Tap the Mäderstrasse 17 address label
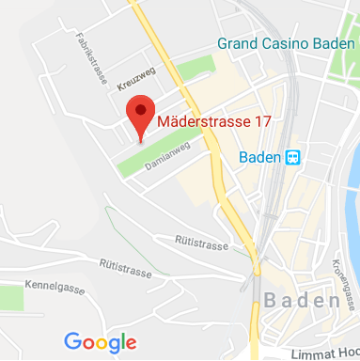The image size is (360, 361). pos(214,121)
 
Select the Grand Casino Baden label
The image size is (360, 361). pos(286,43)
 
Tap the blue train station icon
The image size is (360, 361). pos(293,157)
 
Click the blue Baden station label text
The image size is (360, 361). pos(259,157)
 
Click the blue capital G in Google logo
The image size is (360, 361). pos(72,342)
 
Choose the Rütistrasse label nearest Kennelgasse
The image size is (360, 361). pos(125,270)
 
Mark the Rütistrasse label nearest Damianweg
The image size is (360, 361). pos(201,242)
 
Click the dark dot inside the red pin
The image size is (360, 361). pos(141,110)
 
